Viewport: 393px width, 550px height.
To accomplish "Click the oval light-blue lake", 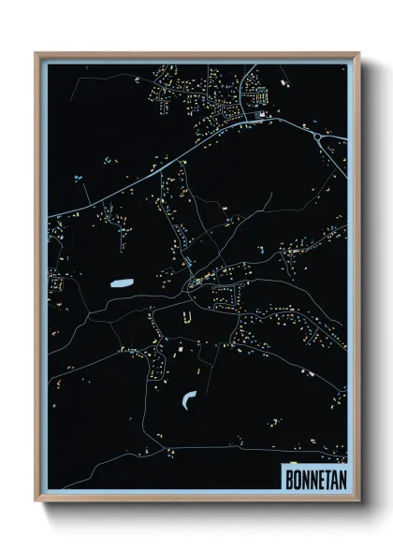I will (x=122, y=282).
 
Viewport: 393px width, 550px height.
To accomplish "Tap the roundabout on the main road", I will (x=323, y=137).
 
